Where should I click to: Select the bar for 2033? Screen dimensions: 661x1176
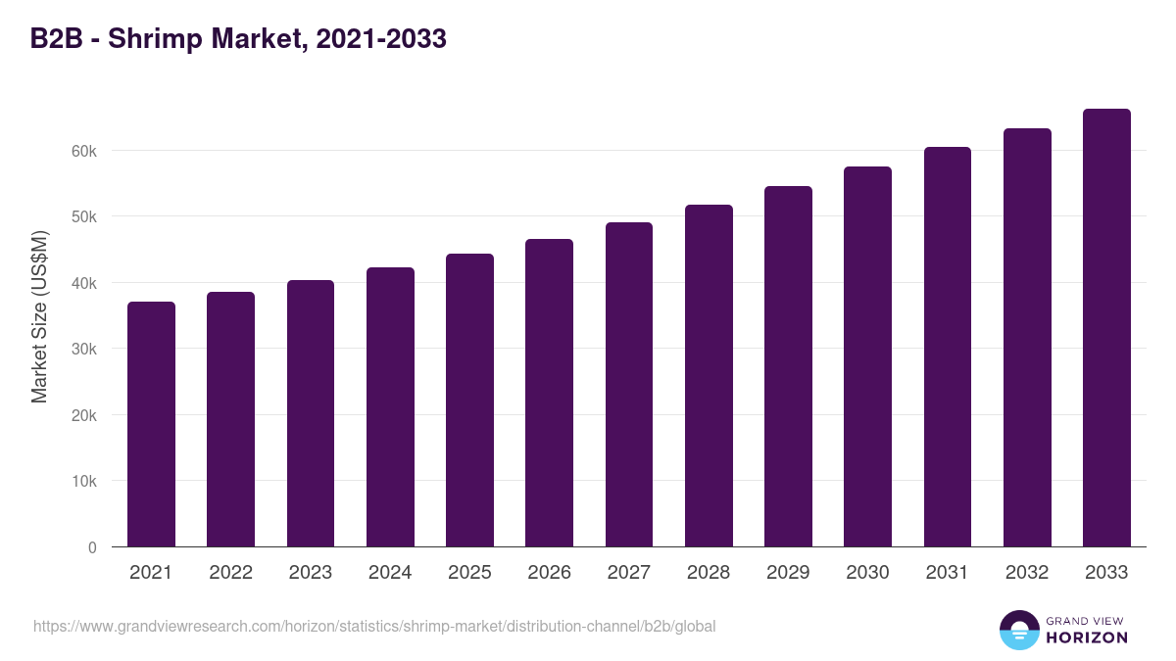(x=1106, y=328)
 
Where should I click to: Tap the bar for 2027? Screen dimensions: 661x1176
(x=629, y=385)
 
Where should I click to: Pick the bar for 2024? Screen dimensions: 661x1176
(x=390, y=407)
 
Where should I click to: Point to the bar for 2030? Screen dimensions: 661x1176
(x=867, y=356)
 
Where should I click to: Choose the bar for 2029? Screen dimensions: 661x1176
(x=788, y=366)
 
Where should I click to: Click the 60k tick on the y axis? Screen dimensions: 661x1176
(x=83, y=151)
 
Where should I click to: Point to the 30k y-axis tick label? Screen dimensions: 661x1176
(x=83, y=349)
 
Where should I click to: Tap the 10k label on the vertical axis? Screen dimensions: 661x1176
(x=83, y=482)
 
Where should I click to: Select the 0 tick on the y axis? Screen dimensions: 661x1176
(x=92, y=547)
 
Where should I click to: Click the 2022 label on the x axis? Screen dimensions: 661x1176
(x=230, y=573)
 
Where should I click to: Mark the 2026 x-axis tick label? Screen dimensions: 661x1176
(x=549, y=573)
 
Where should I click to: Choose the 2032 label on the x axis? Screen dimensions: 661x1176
(x=1027, y=573)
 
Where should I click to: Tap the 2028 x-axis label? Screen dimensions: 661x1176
(x=709, y=573)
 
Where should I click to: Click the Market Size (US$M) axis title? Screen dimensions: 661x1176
(x=39, y=315)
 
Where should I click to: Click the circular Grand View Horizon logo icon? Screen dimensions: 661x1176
(x=1018, y=630)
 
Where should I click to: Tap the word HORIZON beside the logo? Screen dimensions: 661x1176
(x=1087, y=637)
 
